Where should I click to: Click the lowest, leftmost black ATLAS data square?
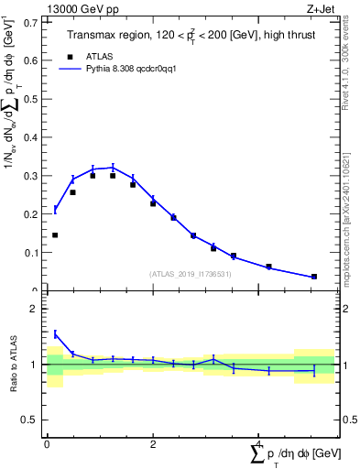[55, 235]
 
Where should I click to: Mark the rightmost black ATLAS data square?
[314, 277]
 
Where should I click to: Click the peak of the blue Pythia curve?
[113, 167]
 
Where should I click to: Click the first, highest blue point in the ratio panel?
[55, 333]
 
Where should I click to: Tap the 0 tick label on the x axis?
[47, 443]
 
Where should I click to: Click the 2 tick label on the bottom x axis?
[152, 443]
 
